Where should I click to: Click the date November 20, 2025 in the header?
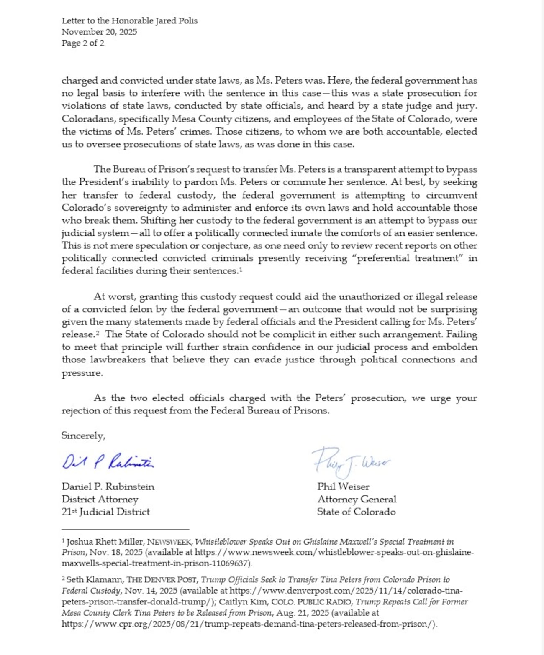pos(99,32)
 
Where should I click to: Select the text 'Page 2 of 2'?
pos(83,43)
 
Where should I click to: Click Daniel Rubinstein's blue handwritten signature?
pos(108,461)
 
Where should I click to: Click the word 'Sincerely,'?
pos(83,436)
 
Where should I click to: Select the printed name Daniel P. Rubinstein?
pos(108,487)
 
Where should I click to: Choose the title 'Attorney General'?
pos(357,499)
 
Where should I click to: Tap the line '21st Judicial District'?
pos(105,512)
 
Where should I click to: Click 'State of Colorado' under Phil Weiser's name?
pos(356,512)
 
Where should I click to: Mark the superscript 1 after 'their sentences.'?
pos(241,270)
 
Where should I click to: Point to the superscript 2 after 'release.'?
pos(97,333)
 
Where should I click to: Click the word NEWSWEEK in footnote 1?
pos(169,542)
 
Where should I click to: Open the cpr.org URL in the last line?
pos(249,624)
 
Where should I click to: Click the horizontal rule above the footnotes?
pos(126,529)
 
